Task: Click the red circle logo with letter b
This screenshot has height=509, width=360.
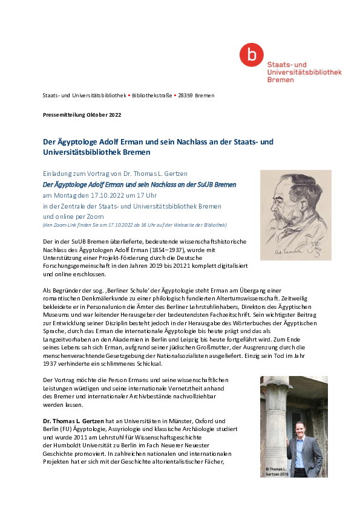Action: pos(247,55)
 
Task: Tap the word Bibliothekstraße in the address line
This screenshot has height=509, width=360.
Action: pos(151,96)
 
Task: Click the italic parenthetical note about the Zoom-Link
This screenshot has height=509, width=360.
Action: pos(134,225)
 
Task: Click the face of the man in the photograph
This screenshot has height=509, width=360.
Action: pos(301,432)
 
